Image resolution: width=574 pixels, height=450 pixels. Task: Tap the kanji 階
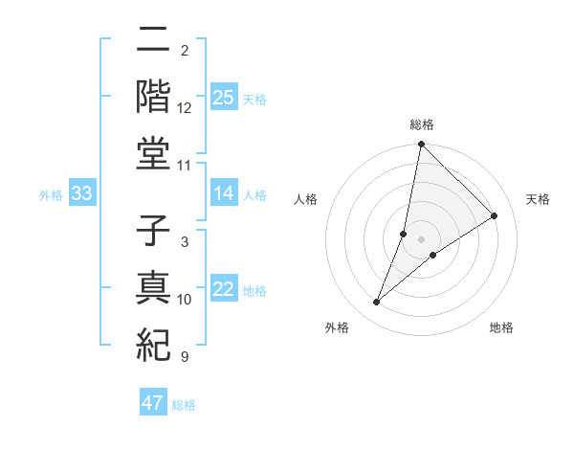click(154, 97)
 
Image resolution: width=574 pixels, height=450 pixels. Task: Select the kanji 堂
click(154, 154)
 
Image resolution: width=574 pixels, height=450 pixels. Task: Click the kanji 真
click(154, 288)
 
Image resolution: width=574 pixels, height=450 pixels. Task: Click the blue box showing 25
click(223, 97)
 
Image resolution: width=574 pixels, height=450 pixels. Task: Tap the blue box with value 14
click(223, 194)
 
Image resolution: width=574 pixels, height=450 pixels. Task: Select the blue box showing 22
click(223, 290)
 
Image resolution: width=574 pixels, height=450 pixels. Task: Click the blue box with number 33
click(82, 194)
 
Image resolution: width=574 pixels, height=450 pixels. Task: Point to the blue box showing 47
click(152, 403)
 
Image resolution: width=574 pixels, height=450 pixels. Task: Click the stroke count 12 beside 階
click(185, 107)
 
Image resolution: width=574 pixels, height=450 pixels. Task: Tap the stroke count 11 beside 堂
click(185, 165)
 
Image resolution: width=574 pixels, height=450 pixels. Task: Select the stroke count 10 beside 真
click(185, 300)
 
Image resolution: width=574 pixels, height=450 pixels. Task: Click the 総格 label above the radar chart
click(421, 125)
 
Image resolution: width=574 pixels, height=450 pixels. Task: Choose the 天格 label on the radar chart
click(538, 199)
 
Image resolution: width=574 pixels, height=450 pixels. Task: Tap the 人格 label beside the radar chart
click(306, 199)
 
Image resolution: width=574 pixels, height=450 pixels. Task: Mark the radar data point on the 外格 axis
click(377, 302)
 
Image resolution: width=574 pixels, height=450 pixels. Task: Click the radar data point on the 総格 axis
click(421, 146)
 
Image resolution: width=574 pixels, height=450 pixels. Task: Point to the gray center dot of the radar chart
click(421, 239)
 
